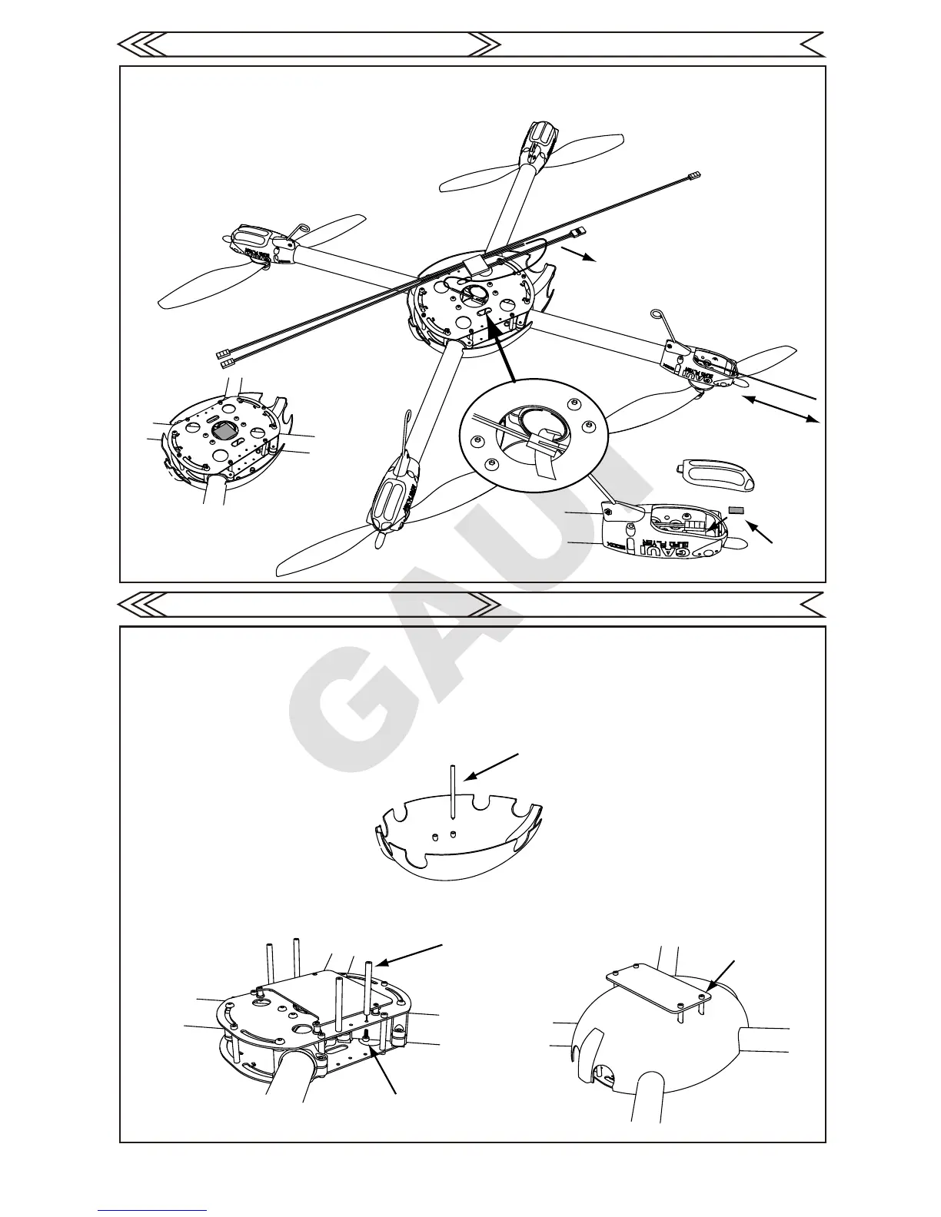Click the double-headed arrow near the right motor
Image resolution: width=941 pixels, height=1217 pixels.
(x=780, y=409)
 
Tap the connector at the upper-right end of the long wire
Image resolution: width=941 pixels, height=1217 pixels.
(x=696, y=176)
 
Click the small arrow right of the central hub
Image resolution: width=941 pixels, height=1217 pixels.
(x=579, y=255)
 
